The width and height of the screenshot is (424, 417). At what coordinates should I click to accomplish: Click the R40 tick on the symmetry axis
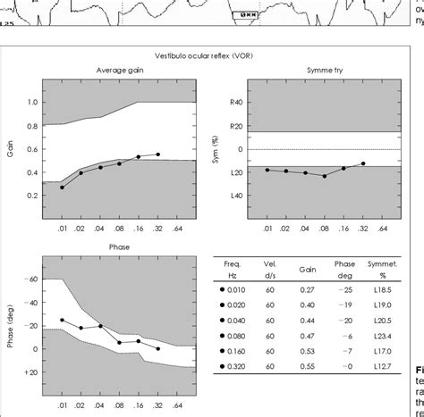tap(236, 102)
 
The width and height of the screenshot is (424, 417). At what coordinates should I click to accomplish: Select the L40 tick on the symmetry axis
tap(236, 196)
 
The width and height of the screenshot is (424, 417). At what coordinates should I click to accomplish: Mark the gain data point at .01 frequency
tap(62, 188)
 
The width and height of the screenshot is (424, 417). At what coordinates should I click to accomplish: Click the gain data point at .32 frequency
tap(158, 154)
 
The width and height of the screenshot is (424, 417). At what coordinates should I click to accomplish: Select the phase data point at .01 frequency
tap(62, 320)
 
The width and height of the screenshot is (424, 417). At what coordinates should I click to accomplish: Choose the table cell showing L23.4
tap(383, 334)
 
